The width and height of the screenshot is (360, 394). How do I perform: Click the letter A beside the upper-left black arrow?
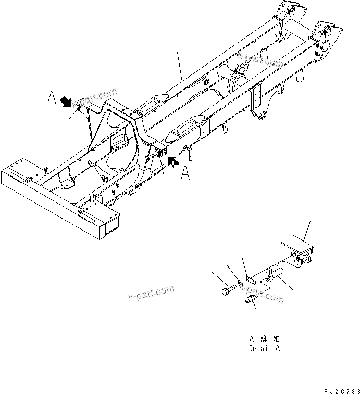click(x=52, y=97)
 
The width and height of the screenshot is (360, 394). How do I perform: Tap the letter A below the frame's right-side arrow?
click(x=185, y=174)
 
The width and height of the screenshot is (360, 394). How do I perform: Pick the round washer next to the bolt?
click(x=239, y=283)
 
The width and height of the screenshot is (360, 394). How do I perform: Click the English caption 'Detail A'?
click(x=264, y=348)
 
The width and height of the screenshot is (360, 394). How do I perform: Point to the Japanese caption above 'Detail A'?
click(x=264, y=338)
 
